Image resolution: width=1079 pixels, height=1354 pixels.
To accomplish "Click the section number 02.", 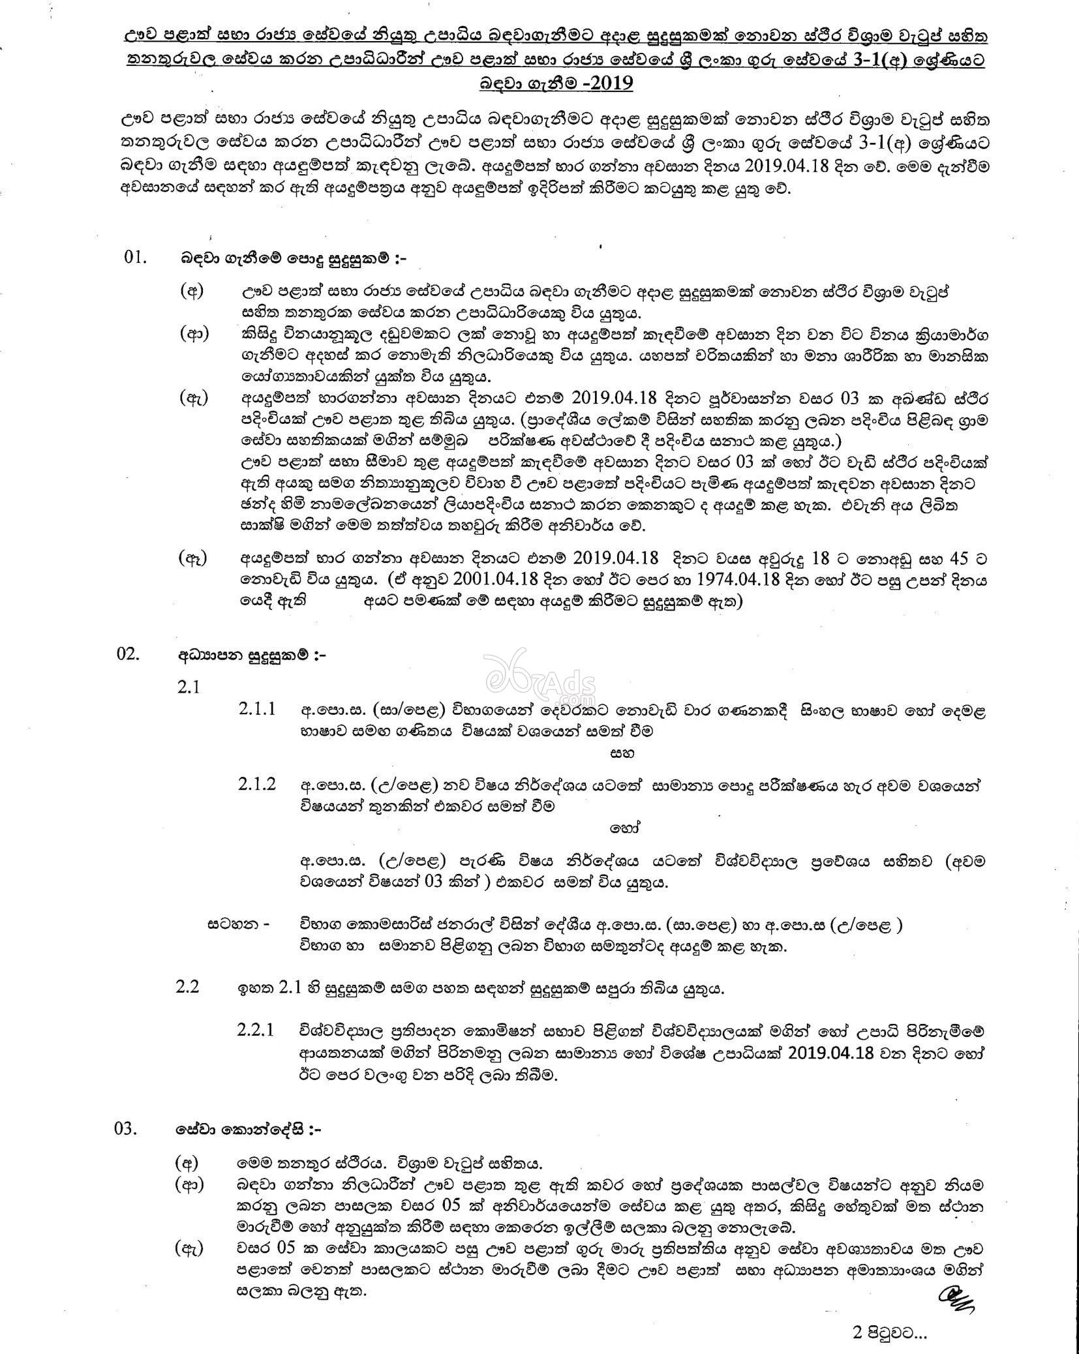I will click(129, 654).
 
